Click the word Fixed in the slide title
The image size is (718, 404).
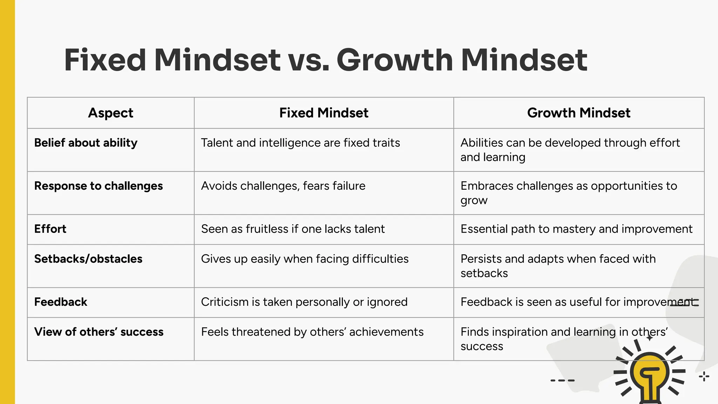point(105,60)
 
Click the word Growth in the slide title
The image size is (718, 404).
point(395,60)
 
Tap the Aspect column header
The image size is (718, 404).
point(110,113)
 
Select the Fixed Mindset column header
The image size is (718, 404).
point(324,113)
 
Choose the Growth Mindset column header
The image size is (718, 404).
point(578,113)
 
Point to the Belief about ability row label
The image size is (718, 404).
point(86,143)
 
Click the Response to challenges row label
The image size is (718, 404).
point(99,186)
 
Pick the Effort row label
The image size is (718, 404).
point(50,229)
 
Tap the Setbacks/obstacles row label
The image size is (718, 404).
point(88,259)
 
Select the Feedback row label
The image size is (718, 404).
point(61,302)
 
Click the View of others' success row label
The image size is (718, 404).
point(99,332)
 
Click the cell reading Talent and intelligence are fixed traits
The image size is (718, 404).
point(300,143)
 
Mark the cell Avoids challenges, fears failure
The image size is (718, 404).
point(283,186)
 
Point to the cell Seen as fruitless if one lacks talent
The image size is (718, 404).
point(293,229)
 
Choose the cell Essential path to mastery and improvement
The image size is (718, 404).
point(576,229)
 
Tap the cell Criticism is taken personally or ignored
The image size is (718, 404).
point(304,302)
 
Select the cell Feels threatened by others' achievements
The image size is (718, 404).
point(312,332)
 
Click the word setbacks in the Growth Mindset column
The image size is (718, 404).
point(484,273)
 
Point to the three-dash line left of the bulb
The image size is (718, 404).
point(562,381)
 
